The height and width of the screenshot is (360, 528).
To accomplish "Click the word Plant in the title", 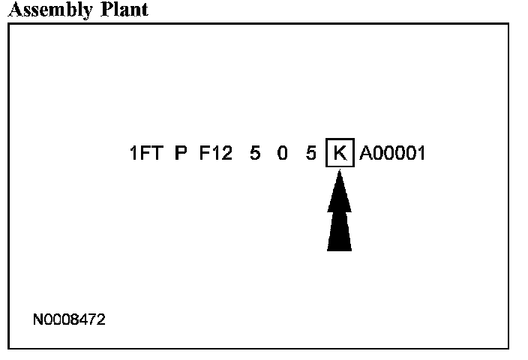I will pos(124,10).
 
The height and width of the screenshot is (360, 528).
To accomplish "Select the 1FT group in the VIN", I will pos(146,154).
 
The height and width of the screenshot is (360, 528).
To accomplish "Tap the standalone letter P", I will pos(181,154).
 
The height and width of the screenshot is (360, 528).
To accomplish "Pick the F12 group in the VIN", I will pos(216,154).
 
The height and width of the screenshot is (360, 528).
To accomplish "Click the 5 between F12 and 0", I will pos(255,154).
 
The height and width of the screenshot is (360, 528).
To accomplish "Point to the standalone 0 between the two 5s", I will pos(283,154).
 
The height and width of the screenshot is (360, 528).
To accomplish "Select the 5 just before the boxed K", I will pos(310,154).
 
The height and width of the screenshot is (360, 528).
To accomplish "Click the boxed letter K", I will pos(340,154).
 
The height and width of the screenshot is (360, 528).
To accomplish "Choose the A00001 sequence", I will pos(392,154).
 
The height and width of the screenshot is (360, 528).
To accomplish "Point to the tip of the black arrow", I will pos(340,172).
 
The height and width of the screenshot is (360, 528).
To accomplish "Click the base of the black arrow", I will pos(340,247).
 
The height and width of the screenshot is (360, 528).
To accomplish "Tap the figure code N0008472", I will pos(70,320).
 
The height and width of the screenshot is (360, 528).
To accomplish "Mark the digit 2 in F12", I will pos(227,154).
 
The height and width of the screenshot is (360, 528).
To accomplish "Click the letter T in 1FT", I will pos(158,154).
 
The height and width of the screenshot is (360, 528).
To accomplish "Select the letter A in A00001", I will pos(365,154).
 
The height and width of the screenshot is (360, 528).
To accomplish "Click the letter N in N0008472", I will pos(38,320).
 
